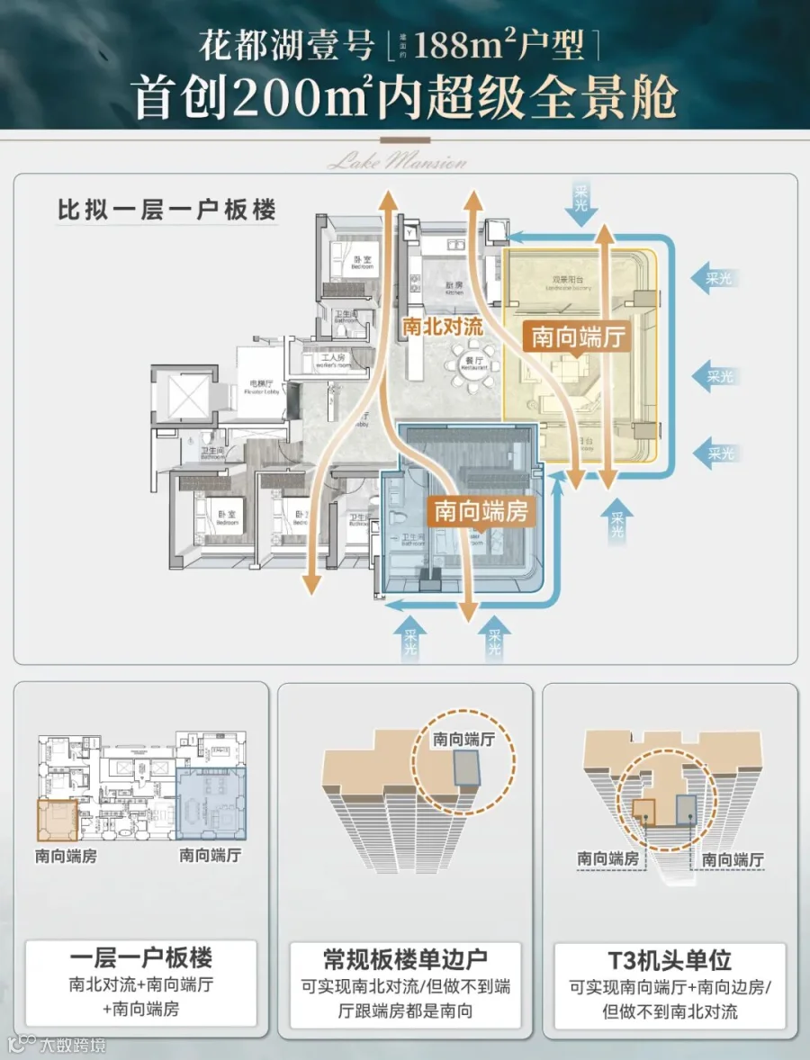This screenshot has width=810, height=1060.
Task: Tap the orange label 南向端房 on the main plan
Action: point(481,510)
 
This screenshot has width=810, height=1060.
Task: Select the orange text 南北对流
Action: point(443,326)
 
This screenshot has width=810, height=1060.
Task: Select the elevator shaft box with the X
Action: point(184,396)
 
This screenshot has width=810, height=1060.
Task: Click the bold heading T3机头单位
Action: point(670,957)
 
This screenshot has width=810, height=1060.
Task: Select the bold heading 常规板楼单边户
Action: point(405,957)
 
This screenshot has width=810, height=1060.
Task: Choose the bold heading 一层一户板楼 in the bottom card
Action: point(141,956)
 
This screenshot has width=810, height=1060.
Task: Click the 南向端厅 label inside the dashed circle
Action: point(464,740)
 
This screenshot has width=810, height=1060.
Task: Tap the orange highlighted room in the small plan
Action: point(58,819)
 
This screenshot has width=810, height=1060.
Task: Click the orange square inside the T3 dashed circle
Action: point(644,807)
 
